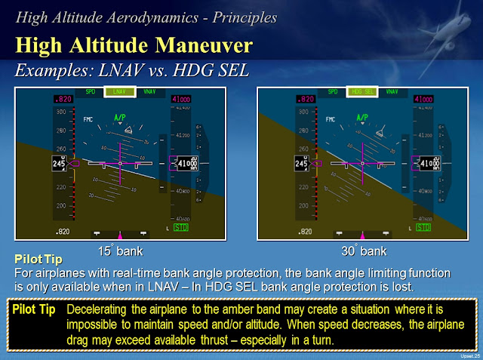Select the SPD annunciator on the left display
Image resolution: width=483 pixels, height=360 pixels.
coord(91,92)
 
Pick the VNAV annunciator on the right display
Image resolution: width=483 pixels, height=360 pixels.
coord(392,92)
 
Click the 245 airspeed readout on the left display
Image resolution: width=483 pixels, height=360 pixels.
coord(58,163)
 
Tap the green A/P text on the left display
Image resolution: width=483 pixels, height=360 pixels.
coord(119,118)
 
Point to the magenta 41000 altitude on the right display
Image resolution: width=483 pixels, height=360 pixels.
coord(424,100)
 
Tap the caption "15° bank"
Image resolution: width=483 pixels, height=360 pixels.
coord(120,250)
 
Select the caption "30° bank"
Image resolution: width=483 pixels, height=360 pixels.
coord(363,250)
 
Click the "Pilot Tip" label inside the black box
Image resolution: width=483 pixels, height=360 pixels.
coord(33,309)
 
